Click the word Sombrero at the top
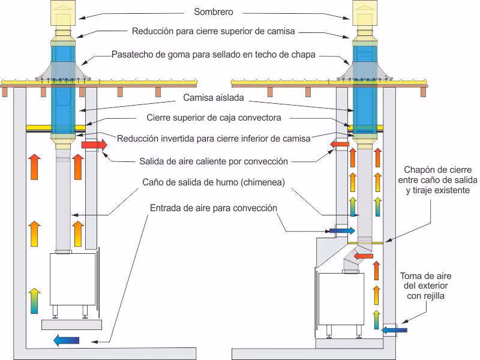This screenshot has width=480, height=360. tap(214, 11)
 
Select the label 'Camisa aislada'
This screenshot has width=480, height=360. tap(214, 97)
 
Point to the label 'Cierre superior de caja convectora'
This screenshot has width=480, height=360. tap(214, 118)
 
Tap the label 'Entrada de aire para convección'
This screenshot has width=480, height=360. tap(213, 208)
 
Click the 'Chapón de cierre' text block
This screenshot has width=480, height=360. tap(437, 180)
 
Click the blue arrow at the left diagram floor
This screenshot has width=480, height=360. tap(66, 341)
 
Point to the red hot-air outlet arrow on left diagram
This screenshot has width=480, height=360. tap(94, 145)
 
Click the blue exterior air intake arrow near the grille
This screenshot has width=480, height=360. tap(394, 329)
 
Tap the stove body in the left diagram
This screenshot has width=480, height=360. tap(72, 279)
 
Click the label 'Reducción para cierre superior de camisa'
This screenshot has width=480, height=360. tap(214, 31)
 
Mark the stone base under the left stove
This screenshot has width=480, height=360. tap(71, 325)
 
